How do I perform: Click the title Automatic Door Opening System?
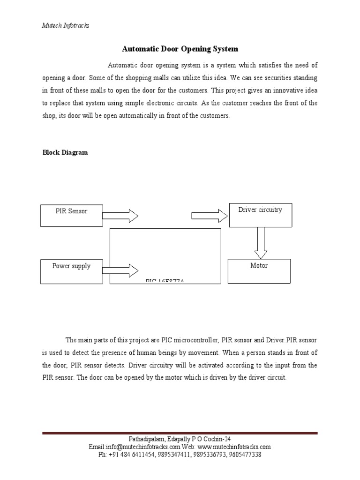pos(180,49)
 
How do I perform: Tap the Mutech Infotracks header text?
pos(66,26)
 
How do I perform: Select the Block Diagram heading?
pos(65,152)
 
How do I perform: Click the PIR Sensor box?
pos(72,215)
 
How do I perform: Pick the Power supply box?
pos(72,271)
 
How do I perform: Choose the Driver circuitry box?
pos(260,214)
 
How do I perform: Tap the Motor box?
pos(259,270)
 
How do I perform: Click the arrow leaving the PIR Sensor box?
pos(120,216)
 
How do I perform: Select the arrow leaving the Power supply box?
pos(120,270)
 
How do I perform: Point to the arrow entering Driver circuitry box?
pos(209,216)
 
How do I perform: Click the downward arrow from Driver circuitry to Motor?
pos(261,242)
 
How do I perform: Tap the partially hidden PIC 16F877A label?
pos(165,281)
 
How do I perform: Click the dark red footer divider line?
pos(180,433)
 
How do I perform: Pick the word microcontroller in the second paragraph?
pos(185,340)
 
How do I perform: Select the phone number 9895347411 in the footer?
pos(172,454)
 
